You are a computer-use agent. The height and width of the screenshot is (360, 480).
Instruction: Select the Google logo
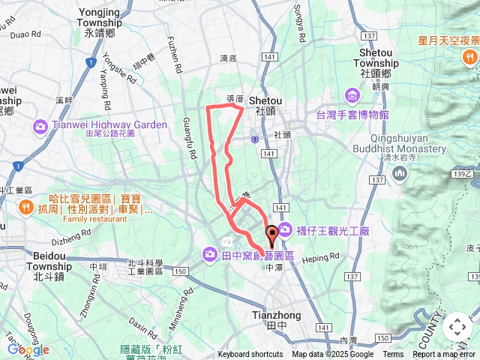(28, 349)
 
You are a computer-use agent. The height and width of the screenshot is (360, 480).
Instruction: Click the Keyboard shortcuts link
(250, 355)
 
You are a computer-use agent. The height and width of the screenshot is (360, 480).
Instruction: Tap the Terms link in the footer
(393, 355)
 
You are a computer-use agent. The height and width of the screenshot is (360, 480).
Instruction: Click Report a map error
(445, 355)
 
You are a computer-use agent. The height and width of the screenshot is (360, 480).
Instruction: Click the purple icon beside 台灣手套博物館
(352, 95)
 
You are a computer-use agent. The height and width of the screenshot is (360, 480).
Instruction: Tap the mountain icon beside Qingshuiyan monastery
(400, 175)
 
